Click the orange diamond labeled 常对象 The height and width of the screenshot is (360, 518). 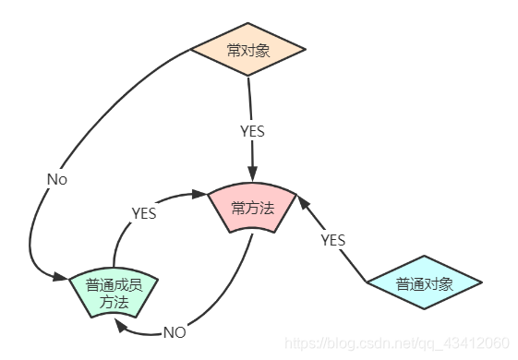247,50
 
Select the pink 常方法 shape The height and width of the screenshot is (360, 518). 252,208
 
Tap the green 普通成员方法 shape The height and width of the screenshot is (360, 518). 114,294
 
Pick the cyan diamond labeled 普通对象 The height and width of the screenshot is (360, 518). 424,283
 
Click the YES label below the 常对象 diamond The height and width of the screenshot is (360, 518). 251,131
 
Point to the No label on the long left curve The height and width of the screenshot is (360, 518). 56,179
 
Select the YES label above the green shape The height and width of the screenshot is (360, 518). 143,213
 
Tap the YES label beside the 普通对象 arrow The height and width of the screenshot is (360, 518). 332,240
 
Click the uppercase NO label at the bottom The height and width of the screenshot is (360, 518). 175,332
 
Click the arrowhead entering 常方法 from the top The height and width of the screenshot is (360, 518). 252,176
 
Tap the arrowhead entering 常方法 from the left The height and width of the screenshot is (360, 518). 199,194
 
